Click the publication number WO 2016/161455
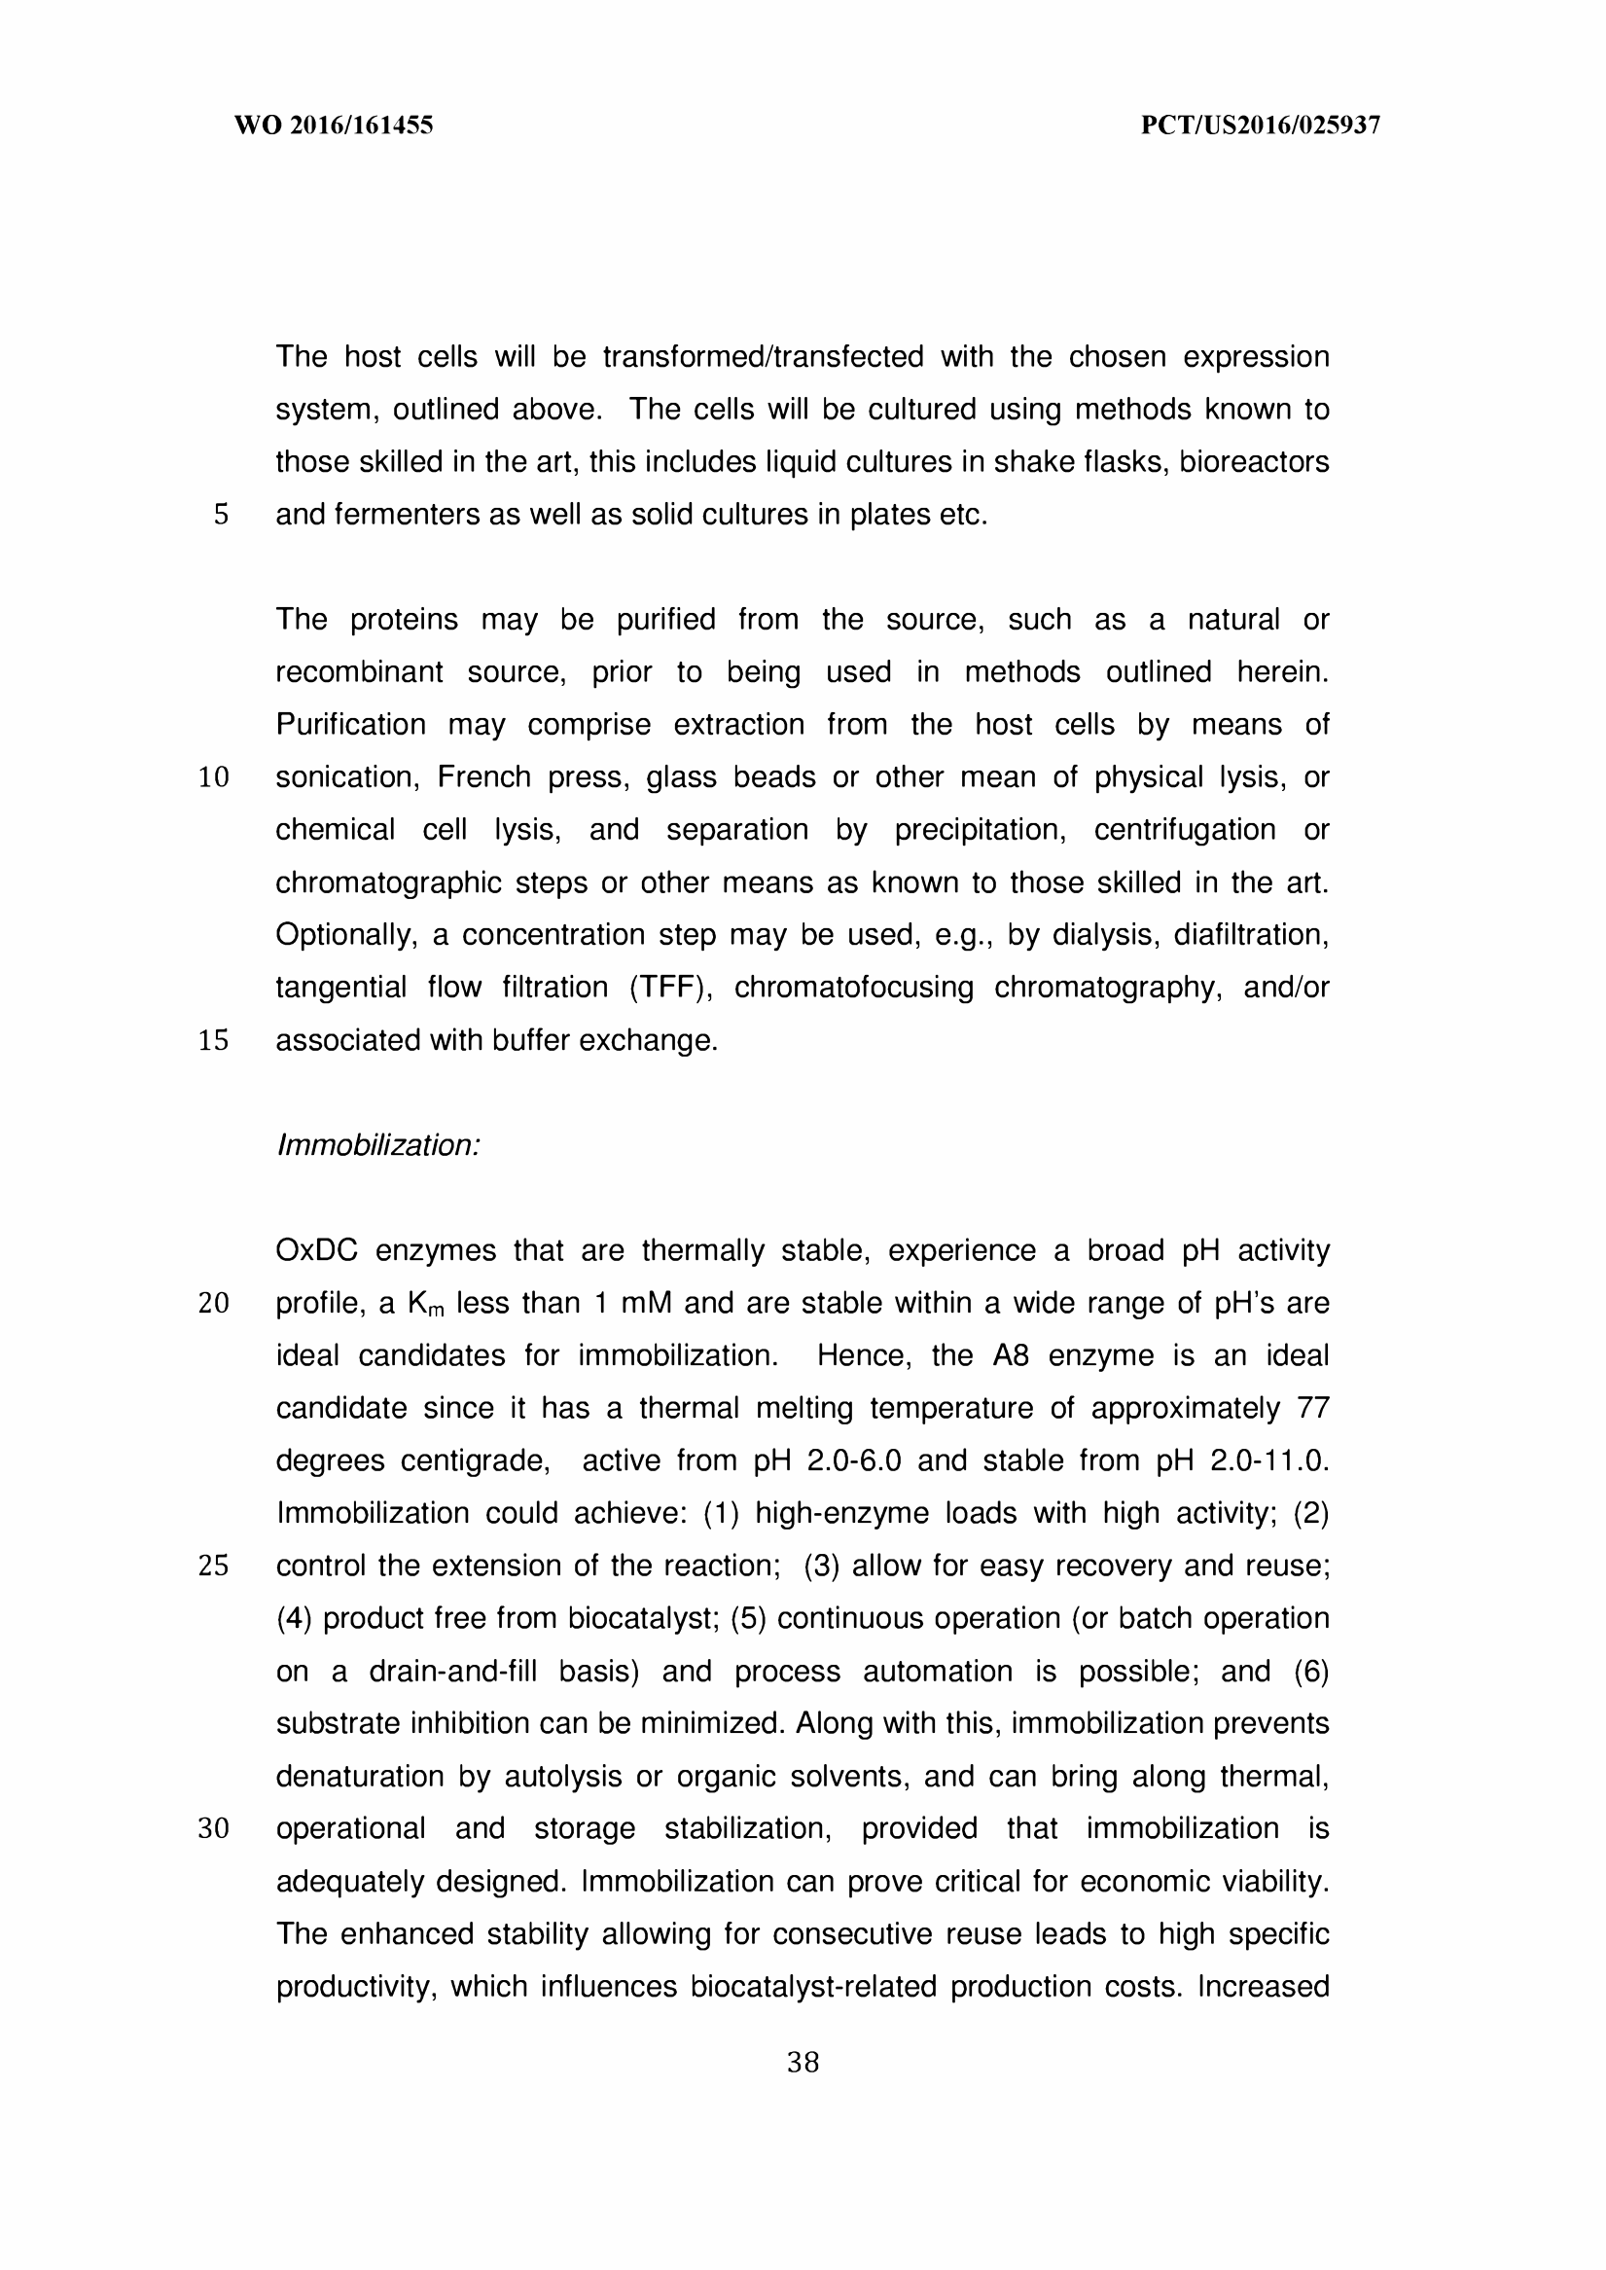pos(334,126)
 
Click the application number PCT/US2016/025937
pos(1260,126)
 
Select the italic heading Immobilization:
pos(377,1145)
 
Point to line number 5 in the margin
pos(221,516)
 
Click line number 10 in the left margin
pos(214,777)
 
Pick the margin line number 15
pos(214,1040)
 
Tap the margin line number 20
pos(214,1304)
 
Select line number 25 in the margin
pos(214,1567)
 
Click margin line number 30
pos(214,1829)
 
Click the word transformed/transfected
pos(763,357)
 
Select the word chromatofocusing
pos(853,988)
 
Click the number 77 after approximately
pos(1312,1409)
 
